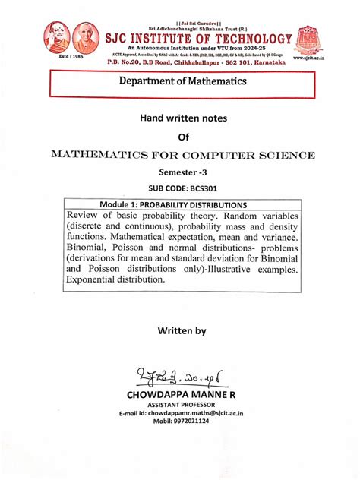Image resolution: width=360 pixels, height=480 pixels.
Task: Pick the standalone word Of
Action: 181,137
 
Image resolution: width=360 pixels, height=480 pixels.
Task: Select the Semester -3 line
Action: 181,173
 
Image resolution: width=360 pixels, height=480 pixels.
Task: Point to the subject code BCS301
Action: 200,190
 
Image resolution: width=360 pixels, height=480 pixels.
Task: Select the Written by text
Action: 181,331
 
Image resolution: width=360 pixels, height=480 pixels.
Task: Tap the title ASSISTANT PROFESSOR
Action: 179,406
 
